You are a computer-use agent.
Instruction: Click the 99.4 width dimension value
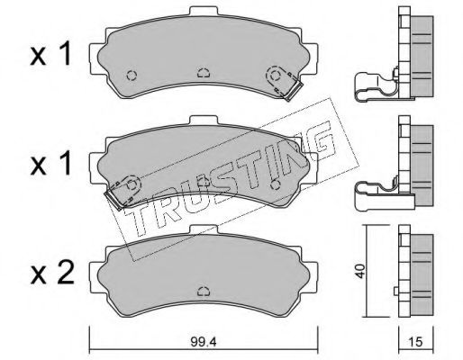click(204, 342)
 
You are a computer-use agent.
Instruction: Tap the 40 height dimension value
click(360, 271)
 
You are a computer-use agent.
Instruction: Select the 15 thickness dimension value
click(415, 342)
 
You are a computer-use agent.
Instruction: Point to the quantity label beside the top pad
click(50, 53)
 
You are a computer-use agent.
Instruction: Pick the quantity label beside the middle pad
click(50, 164)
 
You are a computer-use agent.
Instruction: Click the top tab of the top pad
click(204, 11)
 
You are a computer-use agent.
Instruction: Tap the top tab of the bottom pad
click(204, 229)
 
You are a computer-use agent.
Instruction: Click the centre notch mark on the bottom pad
click(204, 291)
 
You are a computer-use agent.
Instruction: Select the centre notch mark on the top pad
click(204, 73)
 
